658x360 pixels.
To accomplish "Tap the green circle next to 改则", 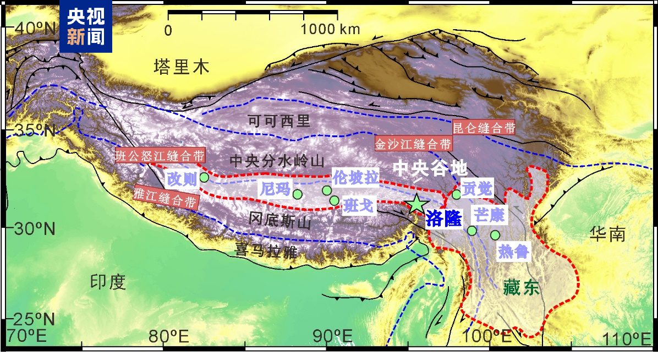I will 204,177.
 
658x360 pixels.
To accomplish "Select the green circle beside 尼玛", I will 298,194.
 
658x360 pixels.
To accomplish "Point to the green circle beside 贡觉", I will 456,194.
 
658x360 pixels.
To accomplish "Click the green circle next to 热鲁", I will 495,235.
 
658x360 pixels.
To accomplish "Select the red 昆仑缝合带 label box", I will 484,128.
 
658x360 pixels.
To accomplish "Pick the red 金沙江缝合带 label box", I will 413,144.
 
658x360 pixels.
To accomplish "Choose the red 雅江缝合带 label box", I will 164,197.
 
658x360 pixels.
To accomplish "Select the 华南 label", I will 608,235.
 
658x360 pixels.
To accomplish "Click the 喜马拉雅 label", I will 266,252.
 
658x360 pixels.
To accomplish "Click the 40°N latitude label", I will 34,28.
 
